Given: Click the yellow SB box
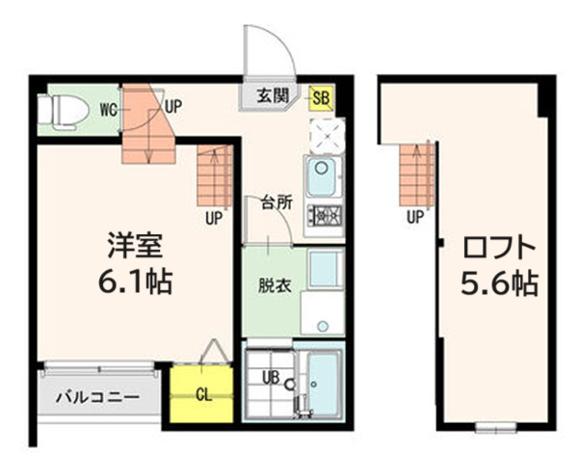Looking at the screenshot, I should point(322,96).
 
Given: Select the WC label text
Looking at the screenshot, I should point(109,109).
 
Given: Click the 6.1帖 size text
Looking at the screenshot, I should point(135,282).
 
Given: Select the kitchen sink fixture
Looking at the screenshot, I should point(320,176).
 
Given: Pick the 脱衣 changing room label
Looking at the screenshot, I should point(271,286).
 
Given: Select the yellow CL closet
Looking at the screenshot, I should point(201,394).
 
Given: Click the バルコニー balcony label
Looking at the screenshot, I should point(96,396).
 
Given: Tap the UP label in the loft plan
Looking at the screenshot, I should point(415,217).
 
